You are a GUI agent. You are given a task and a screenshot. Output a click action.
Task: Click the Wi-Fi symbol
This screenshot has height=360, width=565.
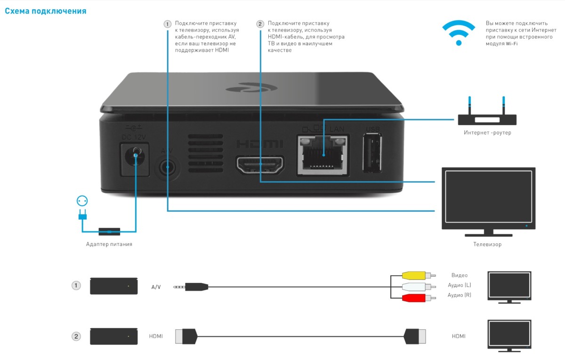tap(459, 33)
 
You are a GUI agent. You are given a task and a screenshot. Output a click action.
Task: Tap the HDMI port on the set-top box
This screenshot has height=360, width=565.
tap(260, 164)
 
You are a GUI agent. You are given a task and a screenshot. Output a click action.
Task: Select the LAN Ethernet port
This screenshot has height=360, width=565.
tap(323, 155)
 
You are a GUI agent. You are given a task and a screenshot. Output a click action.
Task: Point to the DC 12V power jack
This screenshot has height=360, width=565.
tap(137, 155)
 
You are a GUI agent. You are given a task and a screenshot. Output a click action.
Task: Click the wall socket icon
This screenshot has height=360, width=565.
tap(82, 201)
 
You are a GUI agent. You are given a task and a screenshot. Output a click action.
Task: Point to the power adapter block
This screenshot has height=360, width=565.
tap(109, 232)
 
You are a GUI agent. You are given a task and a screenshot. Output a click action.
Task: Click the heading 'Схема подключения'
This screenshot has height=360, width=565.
tap(46, 11)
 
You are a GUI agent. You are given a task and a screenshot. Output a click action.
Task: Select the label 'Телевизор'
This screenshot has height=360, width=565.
tap(487, 244)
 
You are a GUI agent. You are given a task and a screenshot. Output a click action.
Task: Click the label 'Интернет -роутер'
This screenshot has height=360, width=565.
tap(487, 133)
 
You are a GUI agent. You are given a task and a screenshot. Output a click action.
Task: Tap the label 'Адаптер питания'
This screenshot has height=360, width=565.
tap(109, 244)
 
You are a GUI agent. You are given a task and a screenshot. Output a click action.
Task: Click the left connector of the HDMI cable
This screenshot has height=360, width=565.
tap(186, 336)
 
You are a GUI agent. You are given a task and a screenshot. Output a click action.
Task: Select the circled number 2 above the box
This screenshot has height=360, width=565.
tap(260, 24)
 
